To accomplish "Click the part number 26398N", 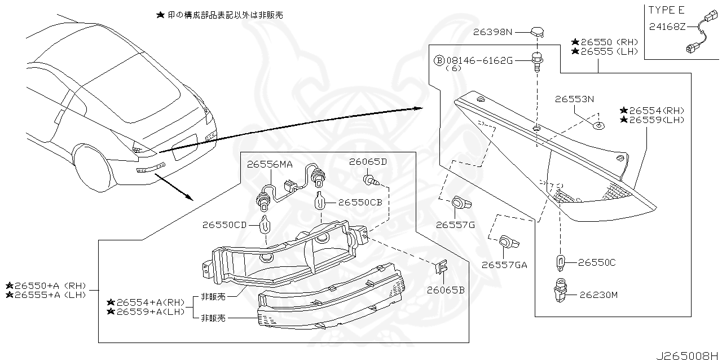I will click(492, 32).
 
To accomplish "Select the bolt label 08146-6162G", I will click(479, 60).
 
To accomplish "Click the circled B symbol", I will click(438, 60).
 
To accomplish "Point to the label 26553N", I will click(574, 99).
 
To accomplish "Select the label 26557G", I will click(455, 225).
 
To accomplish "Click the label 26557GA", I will click(504, 264).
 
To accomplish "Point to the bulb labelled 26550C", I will click(560, 262).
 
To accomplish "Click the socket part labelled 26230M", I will click(560, 291).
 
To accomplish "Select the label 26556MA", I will click(269, 164).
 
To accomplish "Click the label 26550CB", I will click(360, 202).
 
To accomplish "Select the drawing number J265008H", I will click(688, 355).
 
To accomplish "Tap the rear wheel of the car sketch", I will click(92, 168).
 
